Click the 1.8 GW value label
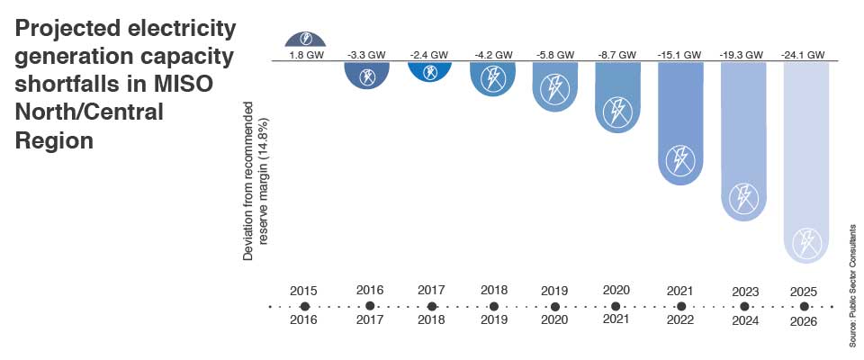[306, 54]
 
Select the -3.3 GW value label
[368, 54]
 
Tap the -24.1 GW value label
[804, 54]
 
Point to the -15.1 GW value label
[679, 54]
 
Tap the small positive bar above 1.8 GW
[306, 39]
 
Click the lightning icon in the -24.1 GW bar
[805, 242]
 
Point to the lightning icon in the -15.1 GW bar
[679, 161]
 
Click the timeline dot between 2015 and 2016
[305, 306]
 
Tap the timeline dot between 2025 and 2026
[804, 306]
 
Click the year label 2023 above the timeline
[742, 292]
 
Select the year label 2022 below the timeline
[679, 320]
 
